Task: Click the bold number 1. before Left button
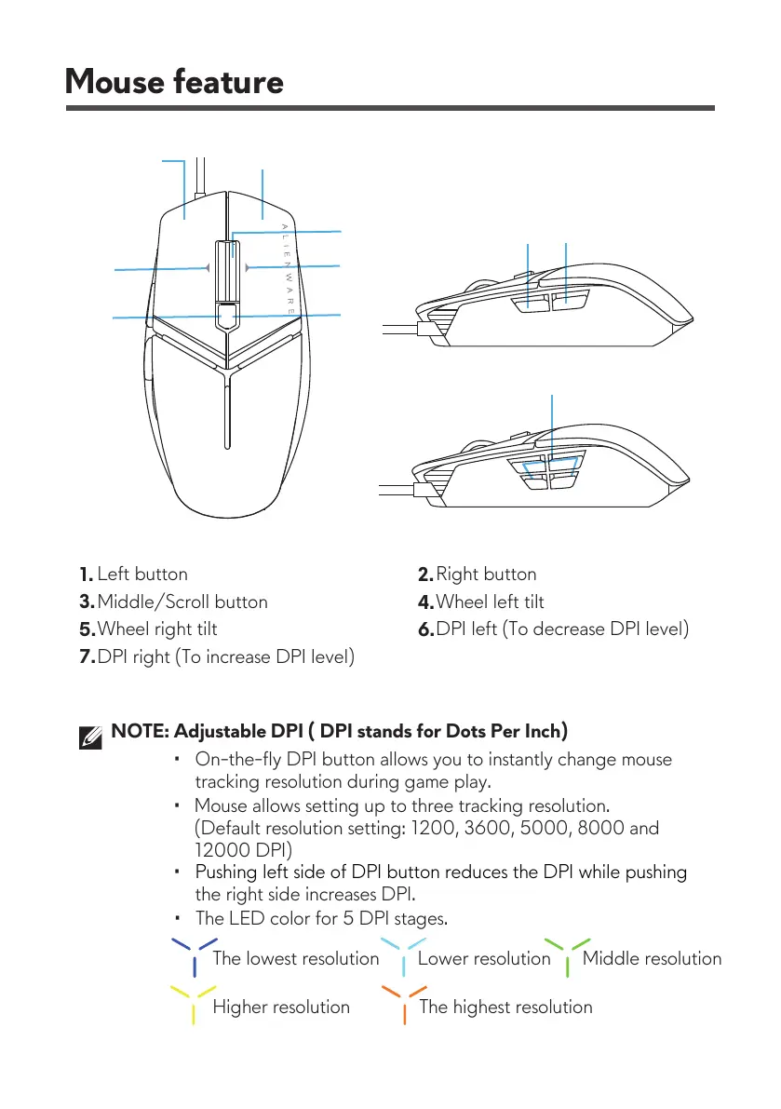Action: [x=86, y=575]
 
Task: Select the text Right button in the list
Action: [x=486, y=575]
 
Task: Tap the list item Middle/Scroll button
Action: [x=182, y=602]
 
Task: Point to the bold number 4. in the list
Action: [x=425, y=602]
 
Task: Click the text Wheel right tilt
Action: [x=157, y=629]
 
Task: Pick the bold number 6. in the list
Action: [x=425, y=630]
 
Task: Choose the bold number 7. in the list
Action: [x=87, y=657]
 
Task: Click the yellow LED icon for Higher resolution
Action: [x=194, y=1004]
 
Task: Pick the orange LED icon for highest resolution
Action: [x=403, y=1004]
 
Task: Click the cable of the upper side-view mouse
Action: [x=400, y=328]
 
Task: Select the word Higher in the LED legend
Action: [x=242, y=1007]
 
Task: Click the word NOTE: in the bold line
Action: [x=140, y=730]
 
